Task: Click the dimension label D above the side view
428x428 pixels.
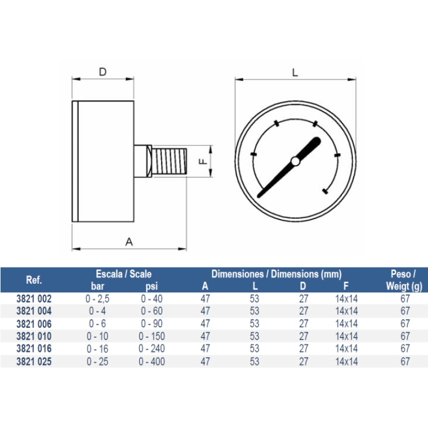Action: [102, 72]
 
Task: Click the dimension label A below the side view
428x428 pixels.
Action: [129, 242]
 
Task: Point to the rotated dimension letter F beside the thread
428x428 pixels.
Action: [203, 161]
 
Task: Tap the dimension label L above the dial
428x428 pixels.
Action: [295, 73]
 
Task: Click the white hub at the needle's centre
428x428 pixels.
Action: [295, 161]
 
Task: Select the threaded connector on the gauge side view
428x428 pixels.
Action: [170, 162]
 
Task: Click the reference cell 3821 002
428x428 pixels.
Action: [34, 298]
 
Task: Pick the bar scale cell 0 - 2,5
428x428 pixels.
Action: [97, 298]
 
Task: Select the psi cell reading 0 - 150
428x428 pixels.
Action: [151, 336]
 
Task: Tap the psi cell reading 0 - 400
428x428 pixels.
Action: [151, 362]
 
